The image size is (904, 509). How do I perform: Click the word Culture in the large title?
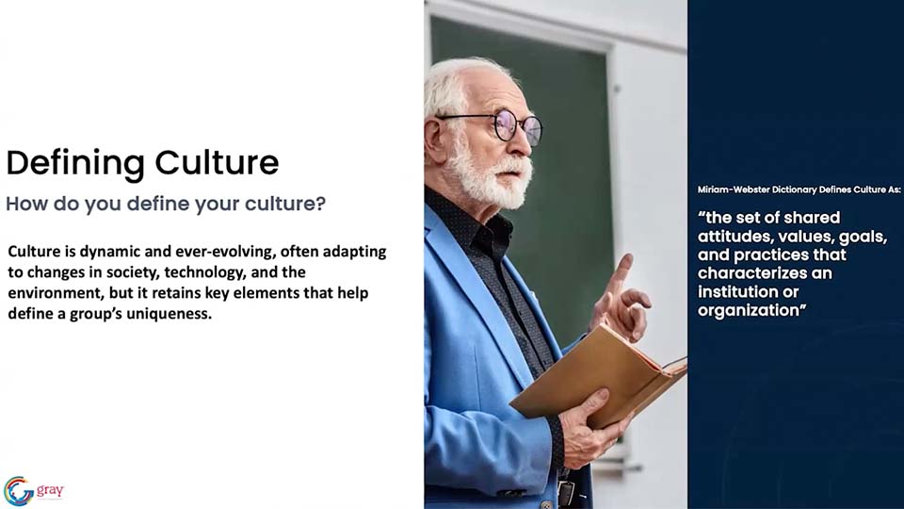click(x=217, y=162)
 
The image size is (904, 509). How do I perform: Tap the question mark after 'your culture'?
click(x=320, y=204)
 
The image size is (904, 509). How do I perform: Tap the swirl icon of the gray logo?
click(x=19, y=491)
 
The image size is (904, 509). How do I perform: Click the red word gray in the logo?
click(x=50, y=491)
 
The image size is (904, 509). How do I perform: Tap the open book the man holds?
click(x=600, y=374)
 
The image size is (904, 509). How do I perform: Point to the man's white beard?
click(x=490, y=176)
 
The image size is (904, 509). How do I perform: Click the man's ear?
click(x=433, y=138)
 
